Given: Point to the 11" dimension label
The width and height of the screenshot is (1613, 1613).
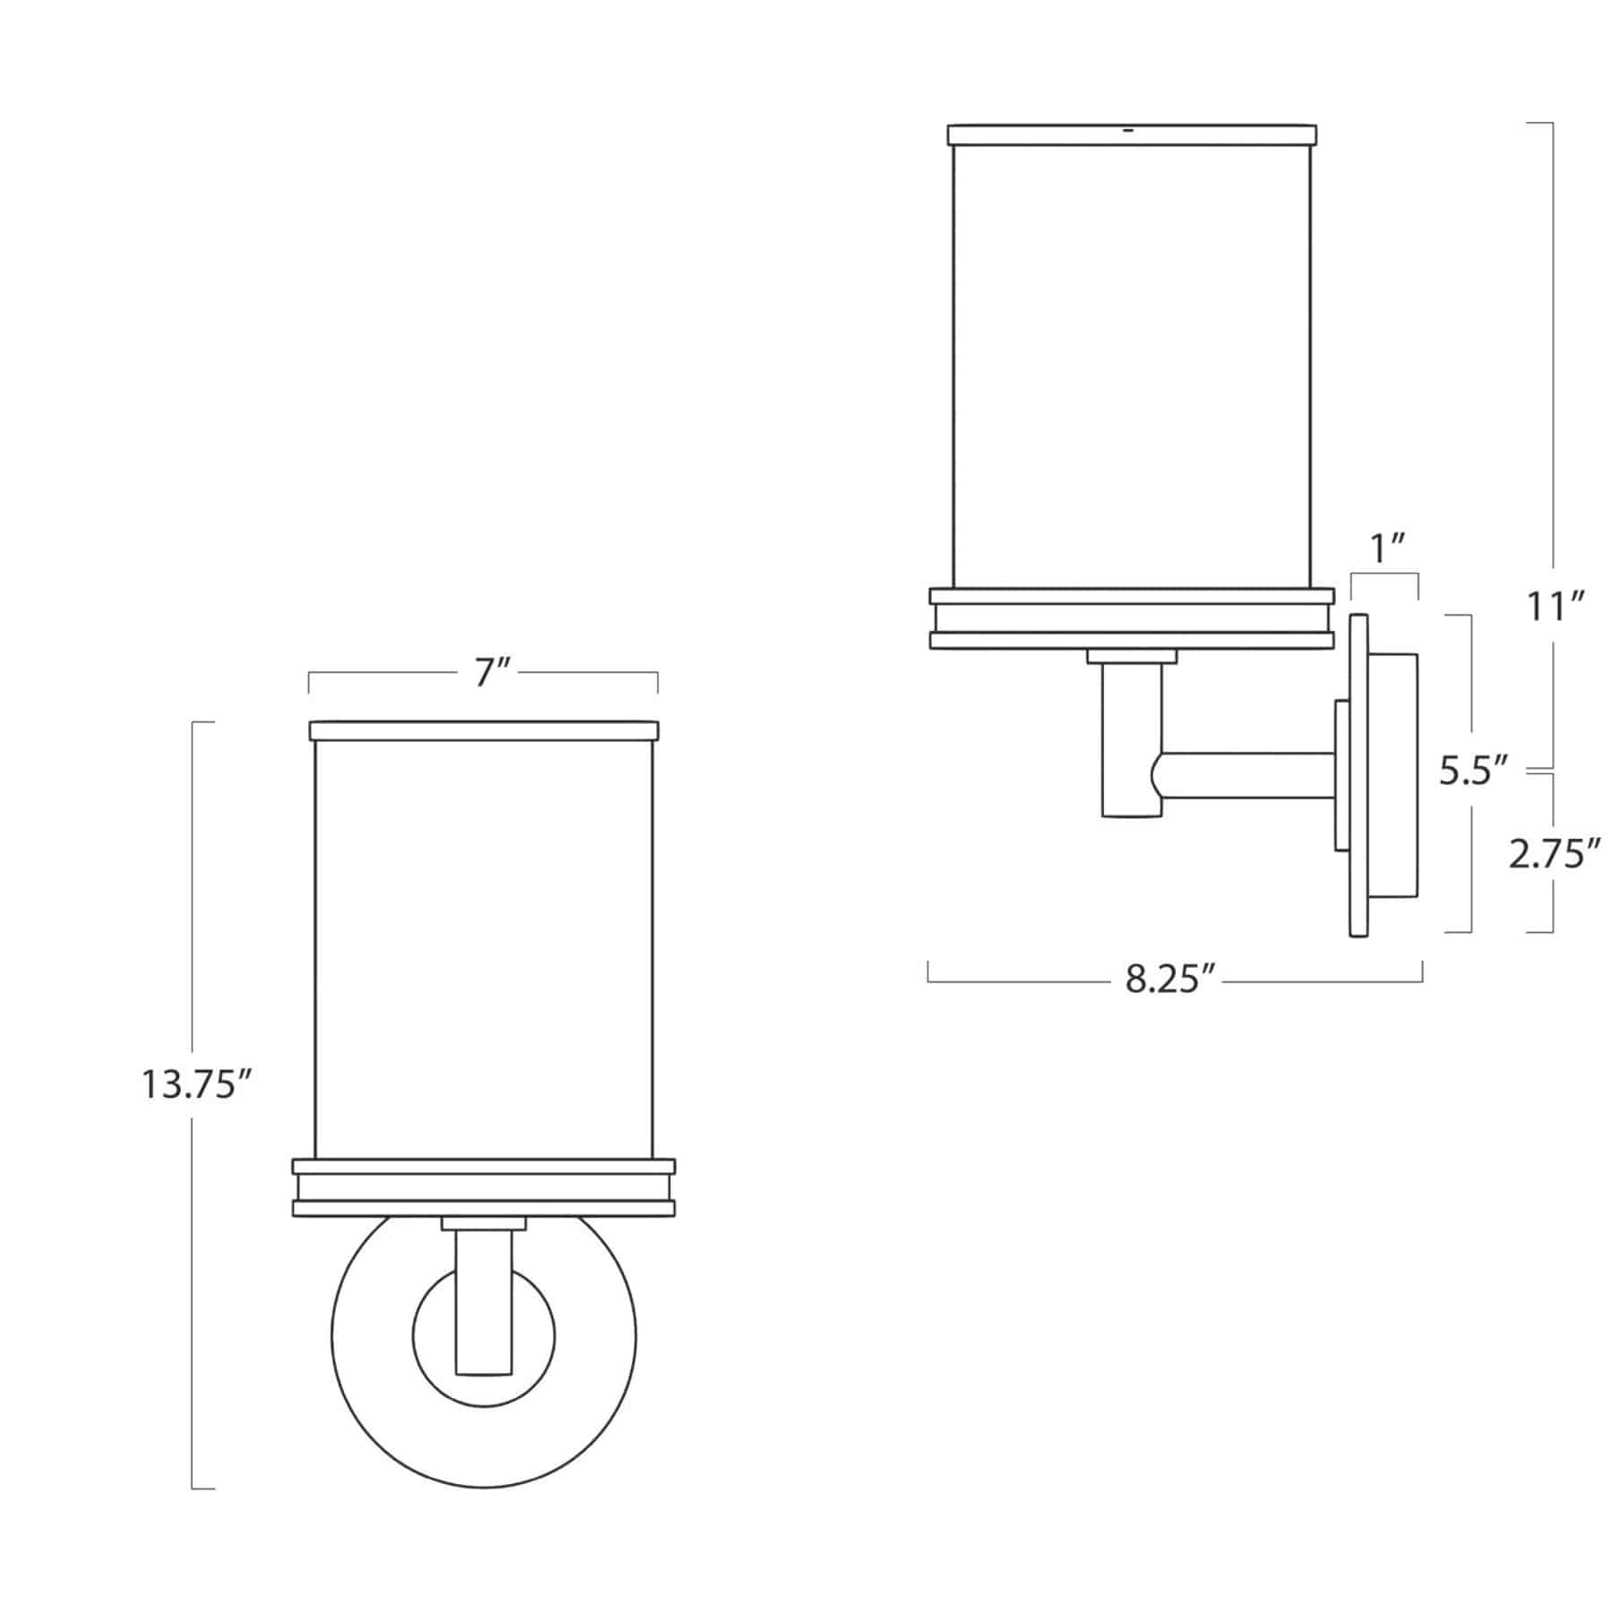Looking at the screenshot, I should click(1557, 608).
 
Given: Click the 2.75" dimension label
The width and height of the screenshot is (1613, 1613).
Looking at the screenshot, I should click(1554, 855).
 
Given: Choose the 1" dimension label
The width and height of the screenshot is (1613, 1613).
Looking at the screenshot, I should click(1386, 547).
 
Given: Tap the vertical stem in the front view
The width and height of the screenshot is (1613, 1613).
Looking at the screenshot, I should click(484, 1299).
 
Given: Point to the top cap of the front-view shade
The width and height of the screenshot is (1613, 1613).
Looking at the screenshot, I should click(484, 730).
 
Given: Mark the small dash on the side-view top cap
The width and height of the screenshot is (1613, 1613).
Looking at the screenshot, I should click(1127, 131).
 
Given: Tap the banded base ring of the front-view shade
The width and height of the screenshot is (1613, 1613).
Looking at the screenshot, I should click(484, 1188).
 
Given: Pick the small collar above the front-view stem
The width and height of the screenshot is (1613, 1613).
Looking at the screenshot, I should click(484, 1223).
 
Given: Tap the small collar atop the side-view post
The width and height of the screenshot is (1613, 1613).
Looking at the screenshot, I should click(1132, 657).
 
